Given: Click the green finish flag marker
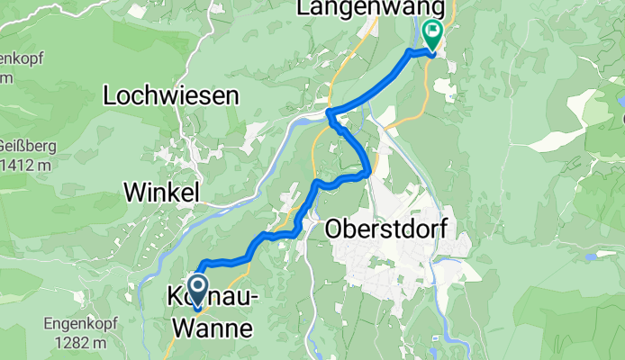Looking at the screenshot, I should pyautogui.click(x=433, y=33).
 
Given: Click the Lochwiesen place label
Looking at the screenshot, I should pyautogui.click(x=170, y=94).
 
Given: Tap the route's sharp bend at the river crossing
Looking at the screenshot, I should pyautogui.click(x=329, y=112).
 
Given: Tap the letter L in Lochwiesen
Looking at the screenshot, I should pyautogui.click(x=110, y=94).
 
